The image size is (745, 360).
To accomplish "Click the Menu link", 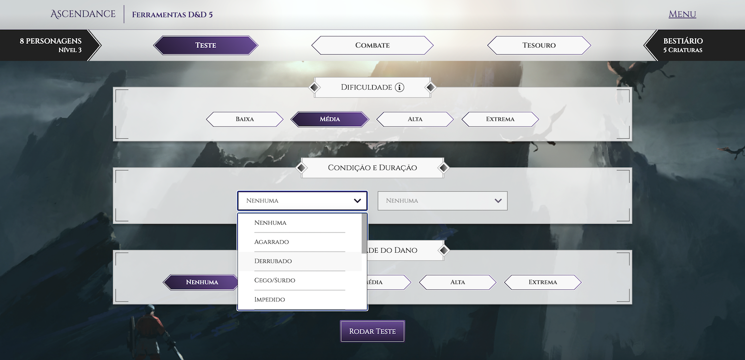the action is [682, 14].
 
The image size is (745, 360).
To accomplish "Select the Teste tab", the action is [205, 45].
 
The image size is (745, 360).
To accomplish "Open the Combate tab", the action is [372, 45].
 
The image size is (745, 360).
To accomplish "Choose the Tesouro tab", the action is [539, 45].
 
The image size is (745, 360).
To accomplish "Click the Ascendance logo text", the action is [83, 14].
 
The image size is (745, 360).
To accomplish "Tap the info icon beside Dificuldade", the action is [399, 87].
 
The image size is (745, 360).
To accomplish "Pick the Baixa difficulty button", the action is [245, 119].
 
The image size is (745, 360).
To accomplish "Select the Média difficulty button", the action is [330, 119].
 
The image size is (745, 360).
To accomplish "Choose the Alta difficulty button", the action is [415, 119].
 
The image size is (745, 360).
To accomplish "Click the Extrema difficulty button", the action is [500, 119].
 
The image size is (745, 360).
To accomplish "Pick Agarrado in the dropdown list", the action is [272, 242].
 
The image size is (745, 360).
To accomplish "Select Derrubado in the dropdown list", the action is [273, 261].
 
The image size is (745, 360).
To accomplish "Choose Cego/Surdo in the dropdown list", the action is [275, 280].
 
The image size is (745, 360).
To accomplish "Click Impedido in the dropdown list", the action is [270, 300].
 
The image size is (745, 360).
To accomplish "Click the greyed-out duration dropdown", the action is [442, 201].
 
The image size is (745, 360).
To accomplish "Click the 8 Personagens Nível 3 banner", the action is [51, 45].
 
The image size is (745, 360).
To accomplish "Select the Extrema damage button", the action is [542, 282].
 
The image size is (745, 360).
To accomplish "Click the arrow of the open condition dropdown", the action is [357, 201].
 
